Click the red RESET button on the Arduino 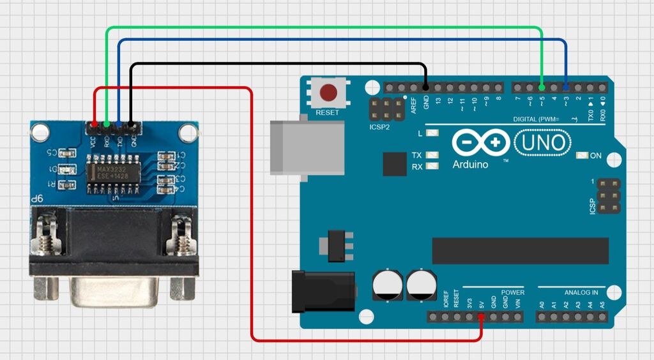coord(328,93)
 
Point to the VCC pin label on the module coord(93,142)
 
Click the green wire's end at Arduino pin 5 coord(542,87)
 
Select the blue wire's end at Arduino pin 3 coord(566,87)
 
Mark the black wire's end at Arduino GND coord(425,87)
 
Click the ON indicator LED coord(581,155)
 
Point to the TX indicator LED coord(432,155)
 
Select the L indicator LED coord(432,133)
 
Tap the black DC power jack coord(322,291)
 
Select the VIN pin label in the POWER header coord(517,303)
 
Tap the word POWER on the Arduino coord(512,292)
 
